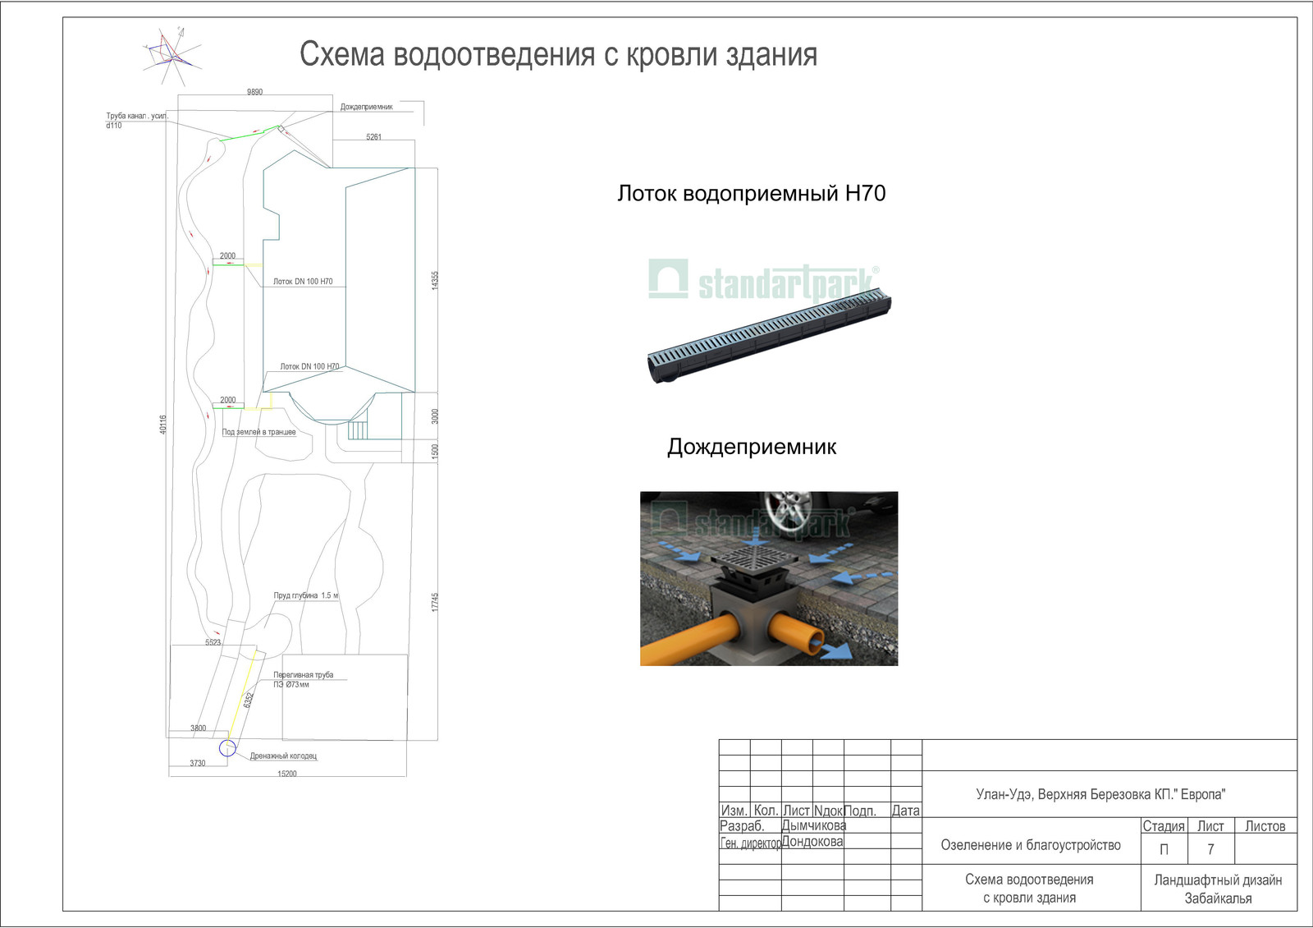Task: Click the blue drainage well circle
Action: click(227, 747)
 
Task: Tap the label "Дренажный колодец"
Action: click(283, 756)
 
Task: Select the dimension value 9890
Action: click(254, 92)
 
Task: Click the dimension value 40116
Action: click(163, 424)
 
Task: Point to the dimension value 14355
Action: click(435, 280)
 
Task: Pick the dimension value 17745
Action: click(435, 602)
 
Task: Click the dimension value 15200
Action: click(286, 774)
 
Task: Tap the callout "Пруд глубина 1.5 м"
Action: click(305, 595)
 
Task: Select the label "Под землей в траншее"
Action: click(258, 432)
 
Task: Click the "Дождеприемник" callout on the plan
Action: click(366, 107)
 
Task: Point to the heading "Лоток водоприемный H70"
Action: click(751, 194)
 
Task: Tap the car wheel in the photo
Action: click(787, 510)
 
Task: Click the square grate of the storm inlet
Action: click(754, 560)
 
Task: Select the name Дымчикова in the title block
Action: click(813, 825)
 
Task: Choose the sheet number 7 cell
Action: click(1210, 849)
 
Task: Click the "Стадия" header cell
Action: click(1163, 826)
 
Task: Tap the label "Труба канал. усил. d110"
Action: click(136, 121)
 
